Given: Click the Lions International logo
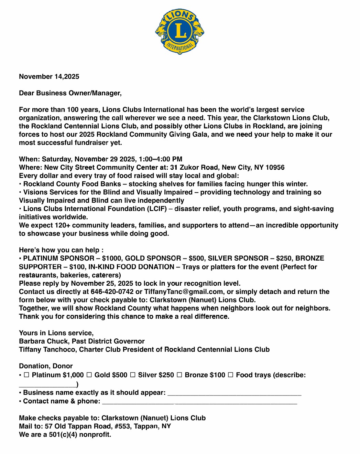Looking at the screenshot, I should pyautogui.click(x=179, y=32).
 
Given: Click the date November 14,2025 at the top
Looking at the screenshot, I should pyautogui.click(x=49, y=77).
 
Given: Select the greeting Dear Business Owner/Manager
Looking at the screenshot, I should pyautogui.click(x=70, y=93).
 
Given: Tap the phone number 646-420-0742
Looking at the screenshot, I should pyautogui.click(x=112, y=292).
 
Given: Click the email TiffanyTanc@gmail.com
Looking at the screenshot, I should pyautogui.click(x=184, y=292).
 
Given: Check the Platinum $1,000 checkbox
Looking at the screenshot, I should pyautogui.click(x=26, y=375).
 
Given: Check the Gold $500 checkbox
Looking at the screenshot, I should pyautogui.click(x=89, y=375).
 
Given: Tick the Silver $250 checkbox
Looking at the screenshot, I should pyautogui.click(x=133, y=375).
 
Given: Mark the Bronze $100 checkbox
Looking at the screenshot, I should pyautogui.click(x=179, y=375).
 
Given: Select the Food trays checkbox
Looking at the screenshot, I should pyautogui.click(x=231, y=375).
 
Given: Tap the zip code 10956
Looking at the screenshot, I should pyautogui.click(x=275, y=168).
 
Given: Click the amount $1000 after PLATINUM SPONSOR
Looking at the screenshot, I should pyautogui.click(x=111, y=258).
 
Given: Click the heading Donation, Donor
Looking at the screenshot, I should pyautogui.click(x=46, y=366).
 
